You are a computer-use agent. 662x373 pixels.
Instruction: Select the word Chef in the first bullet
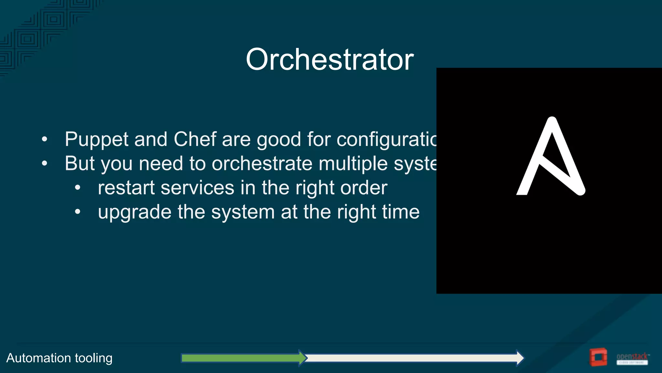(195, 139)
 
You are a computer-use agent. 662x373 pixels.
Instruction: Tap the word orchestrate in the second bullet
(262, 163)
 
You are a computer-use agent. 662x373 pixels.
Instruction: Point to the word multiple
(353, 164)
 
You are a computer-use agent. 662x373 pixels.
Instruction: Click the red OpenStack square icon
(598, 357)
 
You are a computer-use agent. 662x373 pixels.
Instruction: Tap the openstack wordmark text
(632, 356)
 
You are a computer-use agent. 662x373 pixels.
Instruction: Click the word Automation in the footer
(38, 358)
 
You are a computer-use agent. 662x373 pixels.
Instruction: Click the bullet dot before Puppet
(45, 140)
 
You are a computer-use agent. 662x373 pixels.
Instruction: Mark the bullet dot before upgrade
(78, 212)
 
